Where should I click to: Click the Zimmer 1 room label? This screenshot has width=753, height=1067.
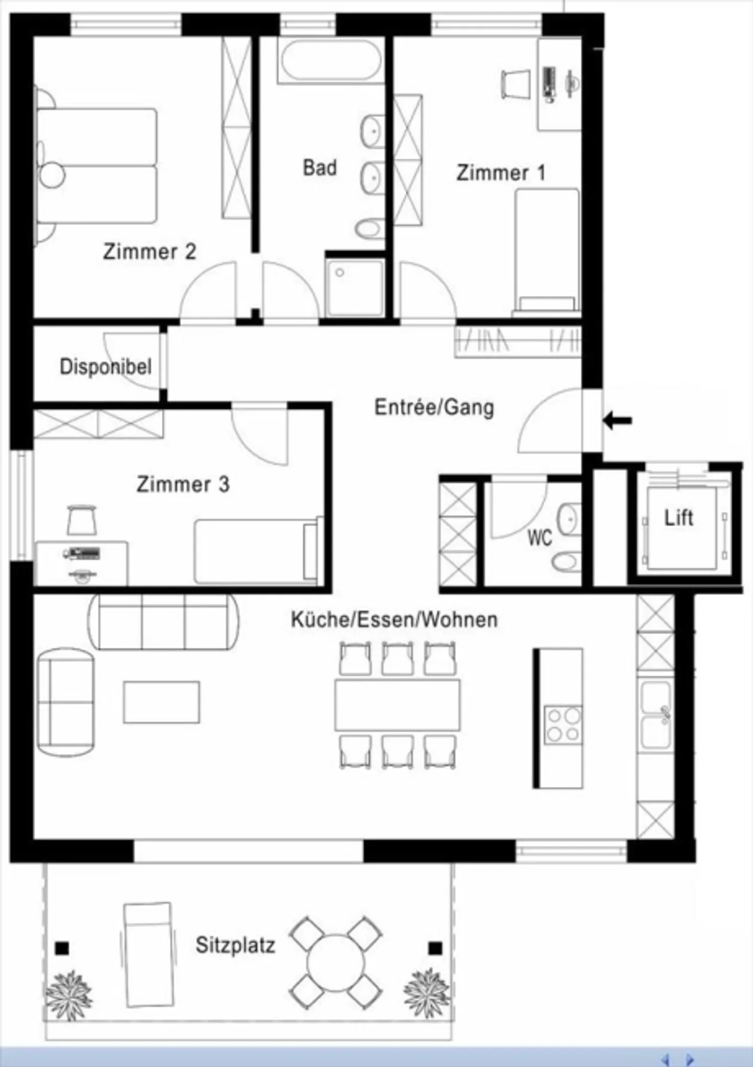click(500, 173)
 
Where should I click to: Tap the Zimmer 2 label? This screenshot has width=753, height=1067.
click(149, 251)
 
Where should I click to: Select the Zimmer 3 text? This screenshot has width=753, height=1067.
click(182, 484)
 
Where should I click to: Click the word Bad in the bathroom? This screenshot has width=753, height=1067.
click(320, 168)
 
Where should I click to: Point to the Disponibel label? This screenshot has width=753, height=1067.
click(106, 366)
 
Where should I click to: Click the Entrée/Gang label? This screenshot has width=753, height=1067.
click(434, 407)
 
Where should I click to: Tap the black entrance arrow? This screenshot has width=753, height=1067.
click(618, 420)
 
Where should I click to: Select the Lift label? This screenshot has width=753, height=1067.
click(678, 518)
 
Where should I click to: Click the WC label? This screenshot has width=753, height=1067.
click(539, 537)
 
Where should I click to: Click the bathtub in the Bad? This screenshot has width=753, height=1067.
click(331, 61)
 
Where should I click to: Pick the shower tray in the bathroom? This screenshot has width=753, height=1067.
click(355, 288)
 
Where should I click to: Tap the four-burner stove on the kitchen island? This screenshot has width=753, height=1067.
click(563, 725)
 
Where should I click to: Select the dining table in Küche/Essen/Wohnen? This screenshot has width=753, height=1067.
click(397, 705)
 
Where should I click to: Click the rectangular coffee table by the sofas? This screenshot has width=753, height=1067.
click(162, 702)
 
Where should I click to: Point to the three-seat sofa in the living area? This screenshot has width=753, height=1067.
click(163, 622)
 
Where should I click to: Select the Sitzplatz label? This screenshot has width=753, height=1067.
click(235, 945)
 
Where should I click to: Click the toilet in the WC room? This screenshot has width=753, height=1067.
click(565, 562)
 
